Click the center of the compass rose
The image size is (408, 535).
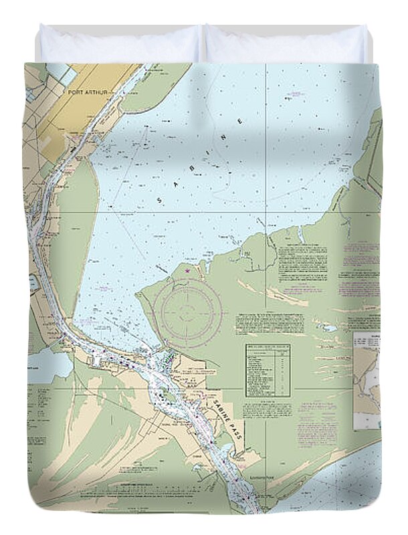click(188, 309)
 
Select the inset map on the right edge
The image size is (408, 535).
click(367, 380)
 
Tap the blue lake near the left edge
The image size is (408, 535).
click(49, 366)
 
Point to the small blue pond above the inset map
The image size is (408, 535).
click(327, 328)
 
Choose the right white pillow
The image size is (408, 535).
click(286, 44)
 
